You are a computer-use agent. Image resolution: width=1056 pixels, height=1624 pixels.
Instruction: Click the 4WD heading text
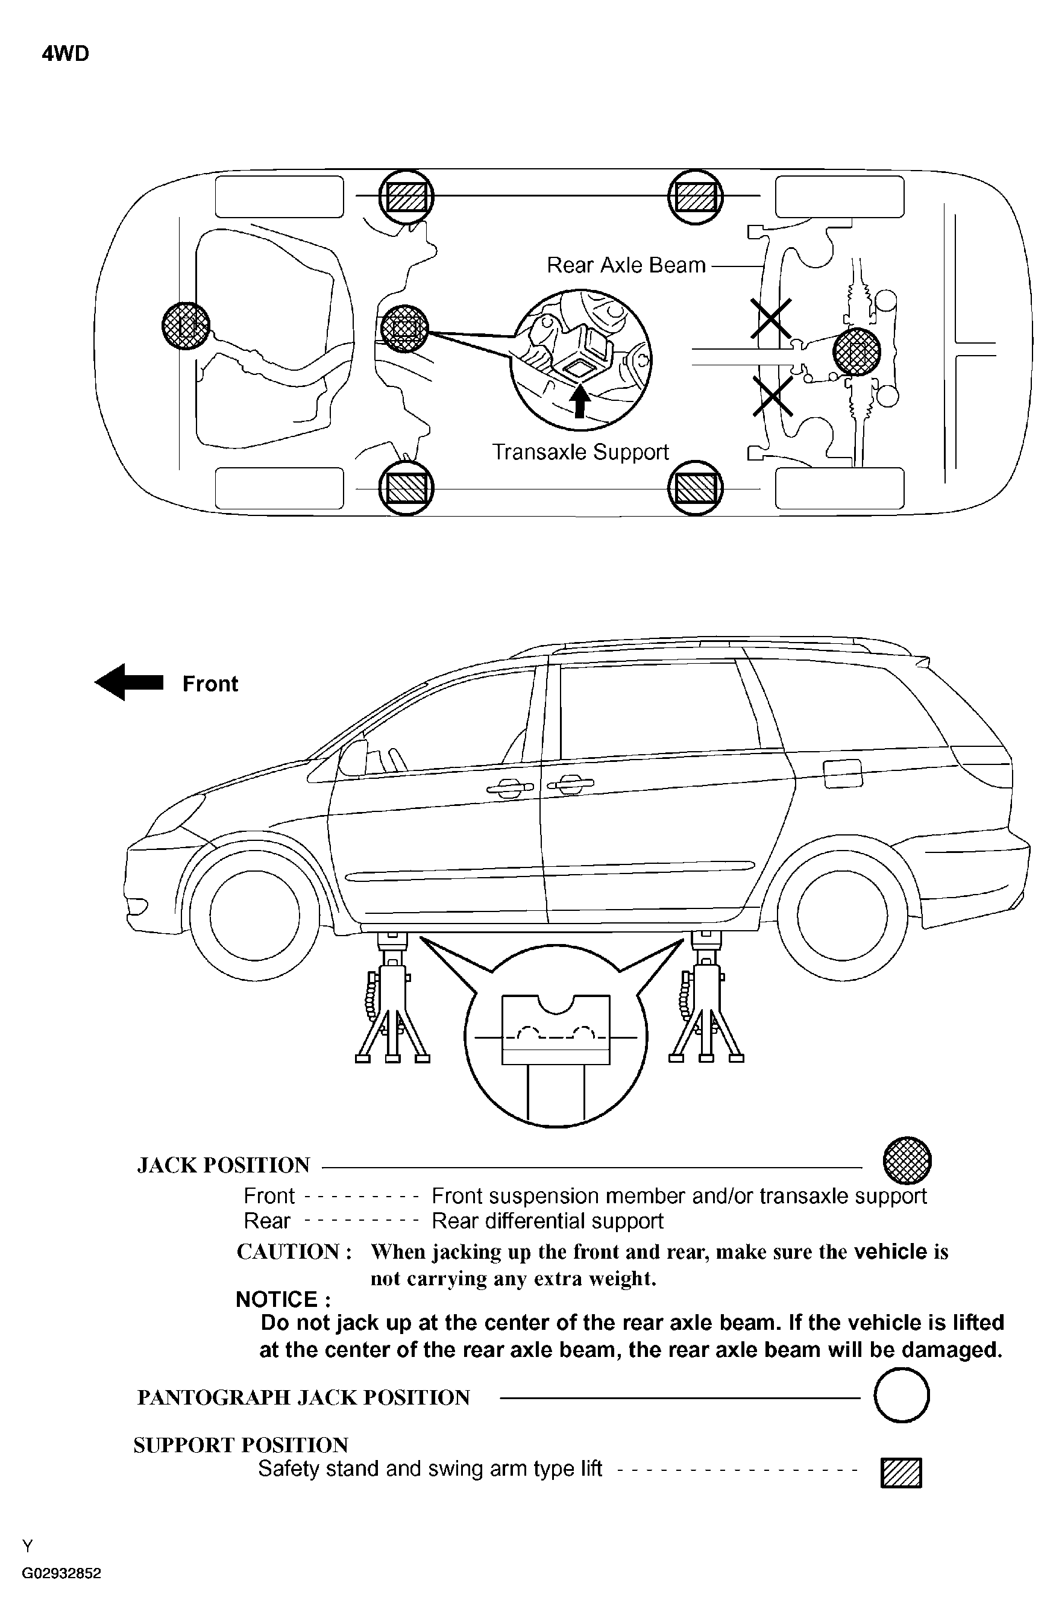pyautogui.click(x=66, y=54)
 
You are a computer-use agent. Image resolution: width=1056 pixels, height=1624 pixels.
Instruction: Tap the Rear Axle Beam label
pyautogui.click(x=626, y=265)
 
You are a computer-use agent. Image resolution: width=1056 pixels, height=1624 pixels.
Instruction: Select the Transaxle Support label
pyautogui.click(x=580, y=452)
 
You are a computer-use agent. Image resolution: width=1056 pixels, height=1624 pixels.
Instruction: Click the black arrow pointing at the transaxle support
pyautogui.click(x=580, y=401)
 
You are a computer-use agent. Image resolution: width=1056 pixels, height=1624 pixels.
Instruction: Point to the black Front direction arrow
pyautogui.click(x=129, y=682)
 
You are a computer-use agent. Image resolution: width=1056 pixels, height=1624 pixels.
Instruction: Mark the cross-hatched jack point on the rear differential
pyautogui.click(x=857, y=352)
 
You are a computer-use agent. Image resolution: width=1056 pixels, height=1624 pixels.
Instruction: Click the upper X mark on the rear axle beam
pyautogui.click(x=771, y=318)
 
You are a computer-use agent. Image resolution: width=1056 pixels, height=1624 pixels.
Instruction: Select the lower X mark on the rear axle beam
pyautogui.click(x=772, y=396)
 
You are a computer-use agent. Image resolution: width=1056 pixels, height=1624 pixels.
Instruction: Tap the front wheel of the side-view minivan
pyautogui.click(x=254, y=915)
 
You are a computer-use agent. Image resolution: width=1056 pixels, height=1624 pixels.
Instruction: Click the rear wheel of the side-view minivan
pyautogui.click(x=842, y=915)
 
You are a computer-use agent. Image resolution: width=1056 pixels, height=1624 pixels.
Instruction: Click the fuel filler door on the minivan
pyautogui.click(x=843, y=773)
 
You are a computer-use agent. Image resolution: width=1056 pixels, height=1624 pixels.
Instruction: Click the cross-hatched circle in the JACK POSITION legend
pyautogui.click(x=907, y=1160)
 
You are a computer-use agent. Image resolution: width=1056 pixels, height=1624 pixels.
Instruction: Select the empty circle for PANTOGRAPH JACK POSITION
pyautogui.click(x=901, y=1395)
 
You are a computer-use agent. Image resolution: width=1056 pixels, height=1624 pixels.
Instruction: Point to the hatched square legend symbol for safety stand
pyautogui.click(x=900, y=1472)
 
